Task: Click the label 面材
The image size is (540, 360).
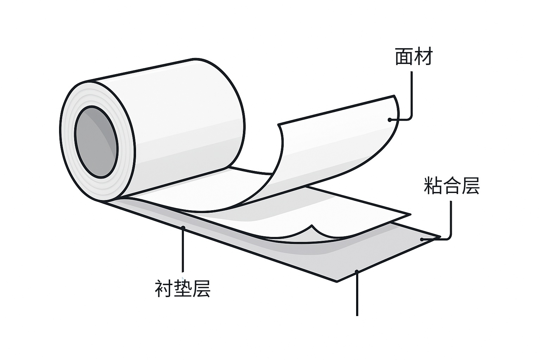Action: (x=413, y=57)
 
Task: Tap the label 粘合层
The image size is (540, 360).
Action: (x=452, y=186)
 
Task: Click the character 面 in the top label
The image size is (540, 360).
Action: (x=404, y=57)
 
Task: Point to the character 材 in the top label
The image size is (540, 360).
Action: (x=423, y=57)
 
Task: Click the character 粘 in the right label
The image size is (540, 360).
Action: (x=433, y=186)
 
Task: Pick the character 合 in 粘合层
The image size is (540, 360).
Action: (x=452, y=186)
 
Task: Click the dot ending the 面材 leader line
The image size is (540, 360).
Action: (x=390, y=120)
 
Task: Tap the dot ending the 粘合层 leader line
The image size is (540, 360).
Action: (x=422, y=239)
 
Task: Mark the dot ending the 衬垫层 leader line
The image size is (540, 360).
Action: (x=183, y=228)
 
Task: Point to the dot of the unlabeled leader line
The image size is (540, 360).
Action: (x=357, y=271)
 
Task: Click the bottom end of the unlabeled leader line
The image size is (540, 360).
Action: (x=357, y=315)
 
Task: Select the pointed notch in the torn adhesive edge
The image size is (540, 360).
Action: (x=311, y=226)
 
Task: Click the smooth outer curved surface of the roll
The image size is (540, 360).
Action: (x=183, y=116)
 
